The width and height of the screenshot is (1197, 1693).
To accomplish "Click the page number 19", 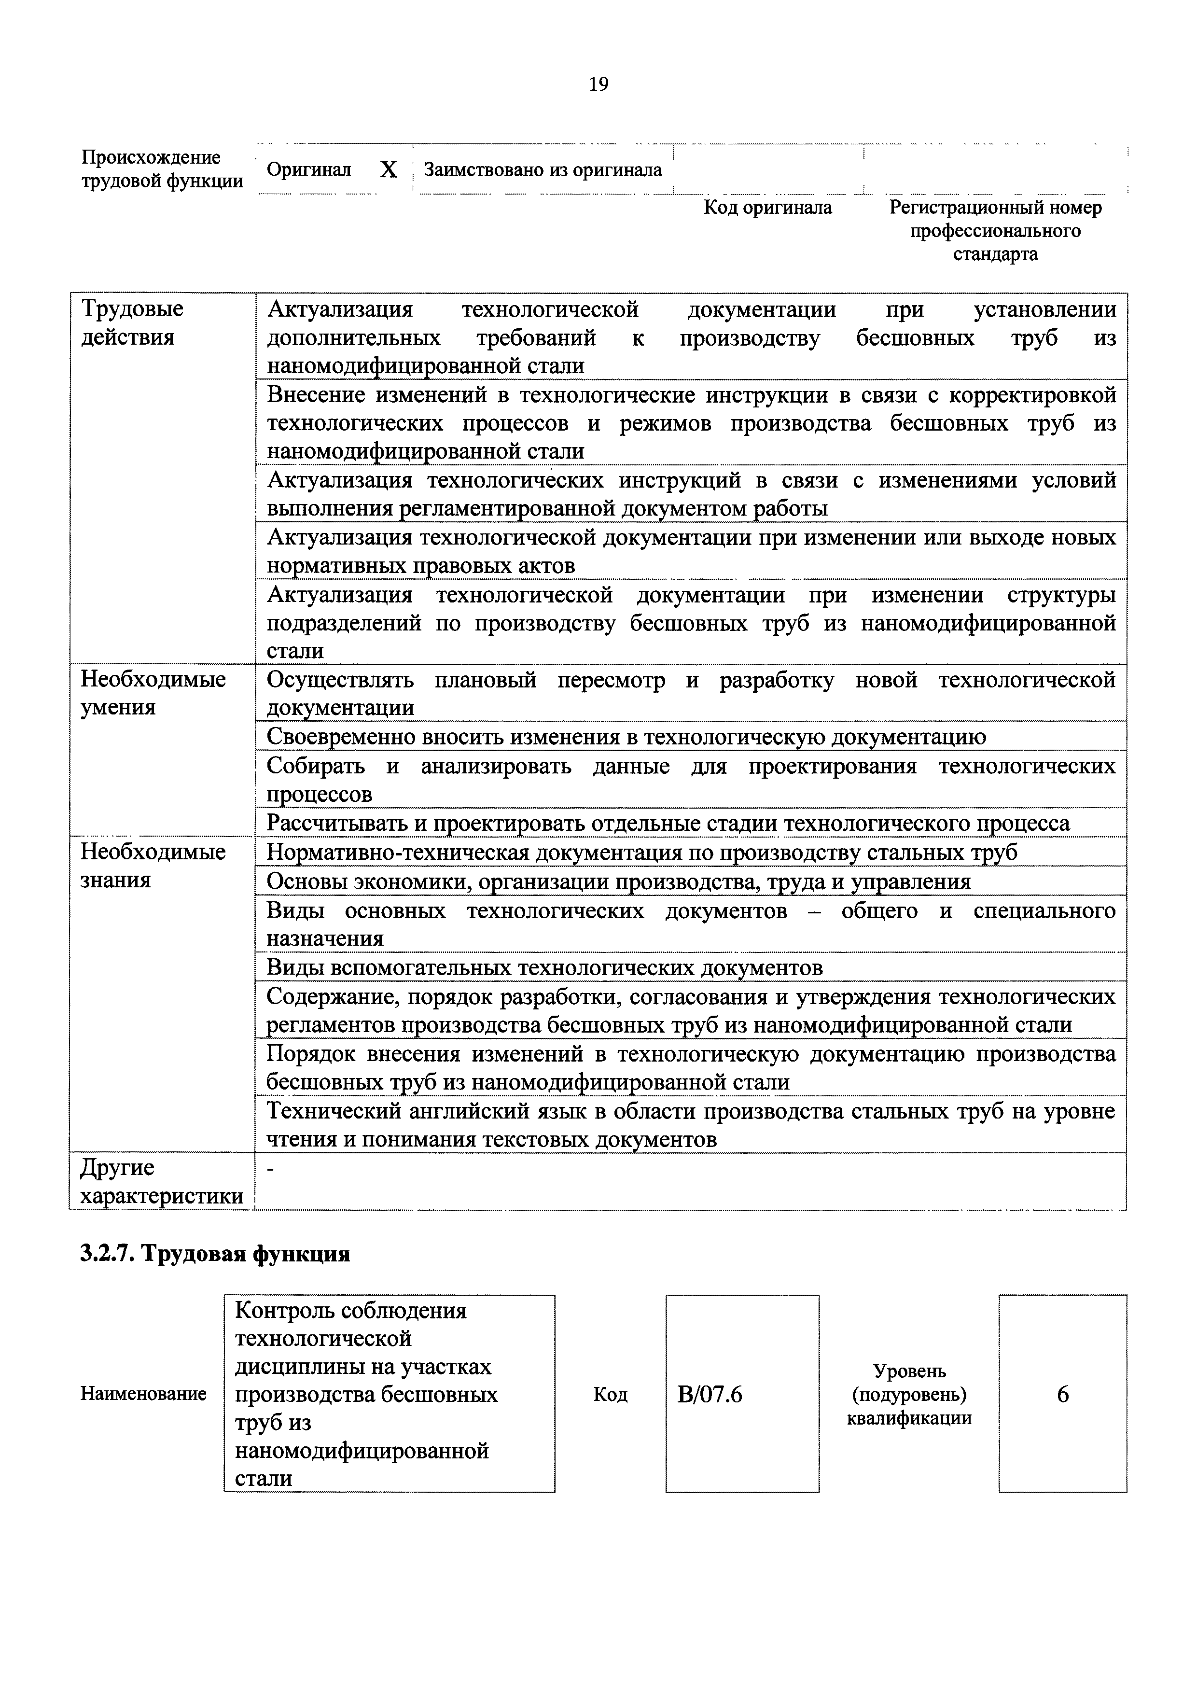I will pos(598,85).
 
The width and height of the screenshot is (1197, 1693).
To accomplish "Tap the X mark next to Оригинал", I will pos(389,170).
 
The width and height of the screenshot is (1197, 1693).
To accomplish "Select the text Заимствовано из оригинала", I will pos(543,170).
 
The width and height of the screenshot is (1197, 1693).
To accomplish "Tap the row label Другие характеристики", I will pos(161,1181).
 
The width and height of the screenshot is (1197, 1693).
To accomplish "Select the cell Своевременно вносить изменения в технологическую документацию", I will pos(626,736).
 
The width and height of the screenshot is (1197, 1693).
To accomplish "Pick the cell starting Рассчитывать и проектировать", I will pos(667,823).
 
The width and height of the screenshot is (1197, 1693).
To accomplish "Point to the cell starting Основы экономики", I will pos(618,881).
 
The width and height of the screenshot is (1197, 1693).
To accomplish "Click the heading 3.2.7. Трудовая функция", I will pos(214,1254).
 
